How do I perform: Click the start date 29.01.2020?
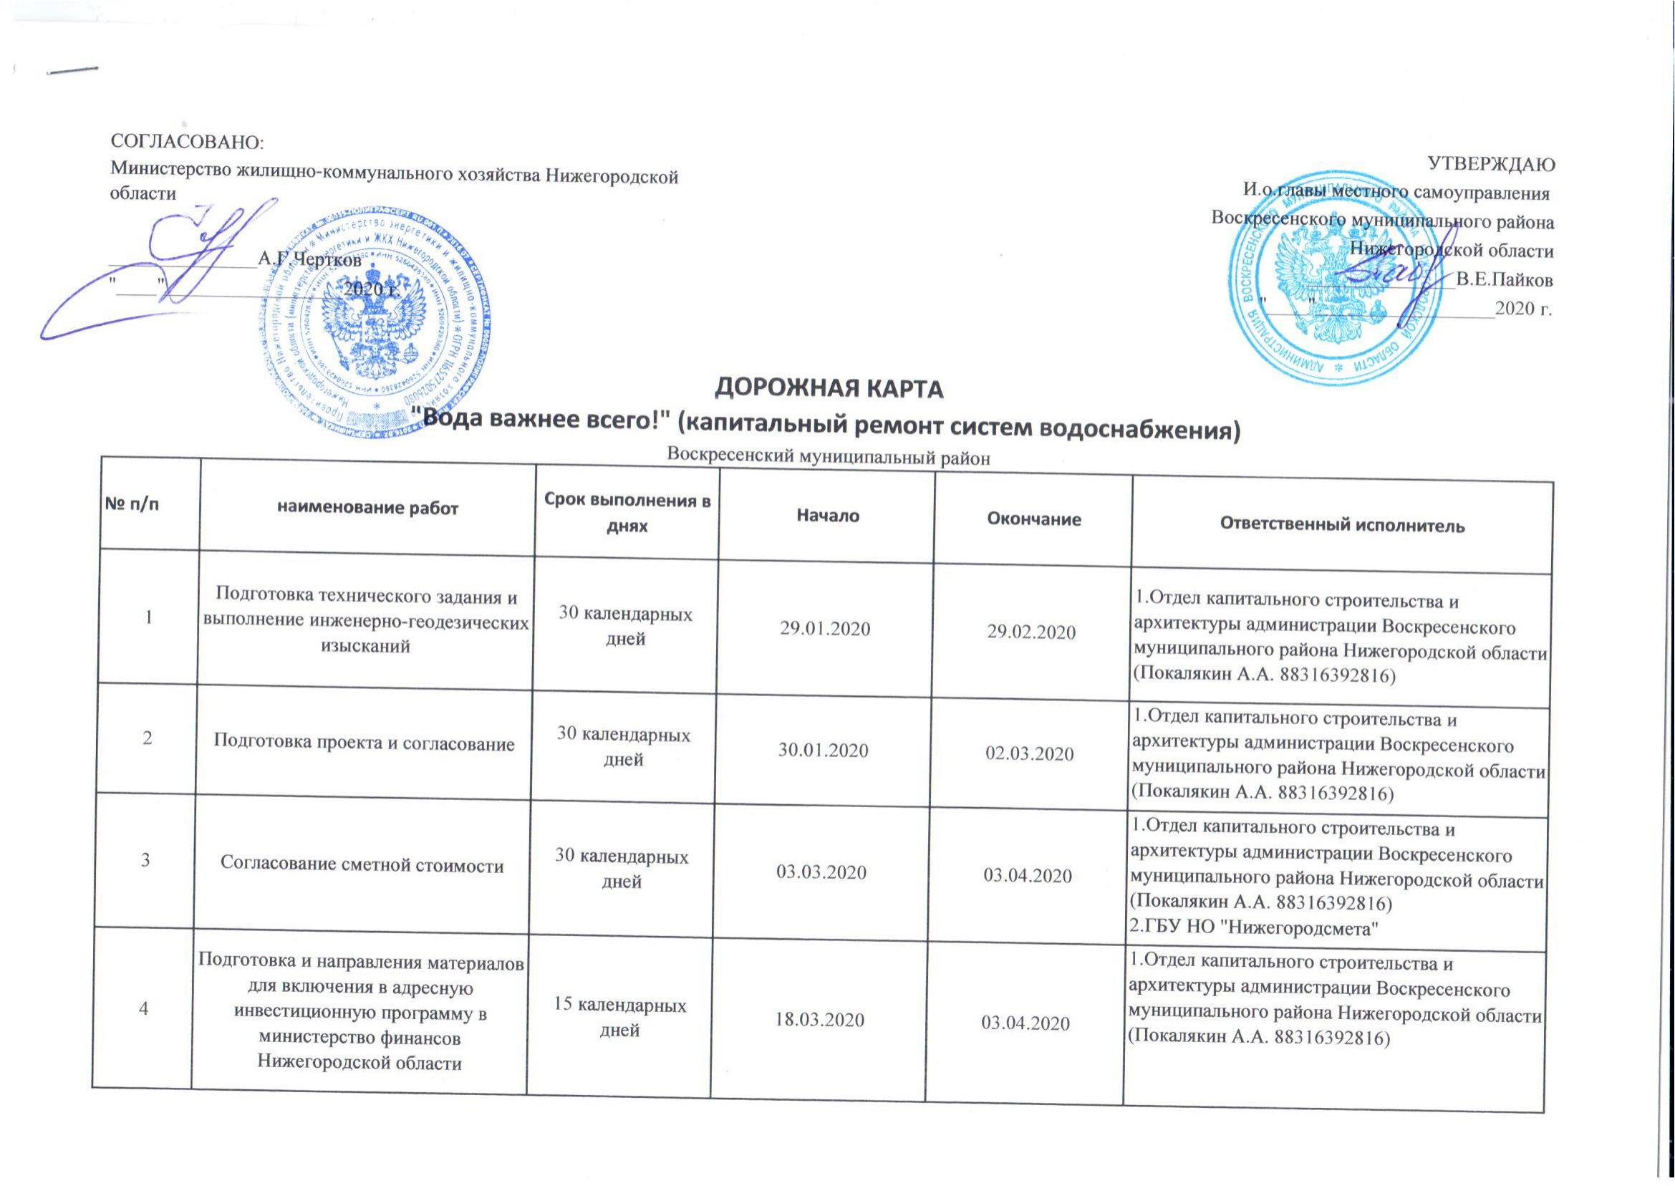pos(825,629)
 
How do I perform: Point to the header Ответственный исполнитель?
pos(1341,524)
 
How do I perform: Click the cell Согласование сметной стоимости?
pos(363,866)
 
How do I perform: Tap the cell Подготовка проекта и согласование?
pos(365,743)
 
